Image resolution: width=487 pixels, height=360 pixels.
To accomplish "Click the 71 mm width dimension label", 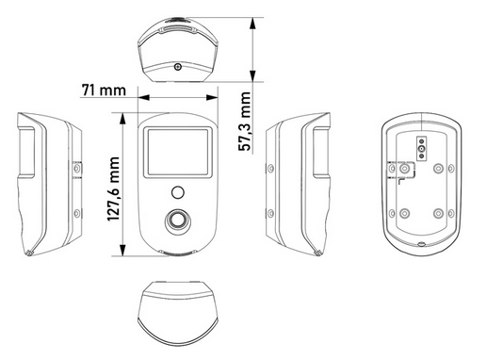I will coord(103,90).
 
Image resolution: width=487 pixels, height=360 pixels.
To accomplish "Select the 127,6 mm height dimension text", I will coord(114,184).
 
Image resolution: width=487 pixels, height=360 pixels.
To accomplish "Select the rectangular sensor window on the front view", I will coord(177,150).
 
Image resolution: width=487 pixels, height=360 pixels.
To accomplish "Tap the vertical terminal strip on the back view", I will coord(419,149).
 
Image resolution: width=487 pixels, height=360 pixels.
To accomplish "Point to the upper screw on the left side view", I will coord(76,168).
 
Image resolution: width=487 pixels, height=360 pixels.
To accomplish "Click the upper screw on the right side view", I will coord(271,168).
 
